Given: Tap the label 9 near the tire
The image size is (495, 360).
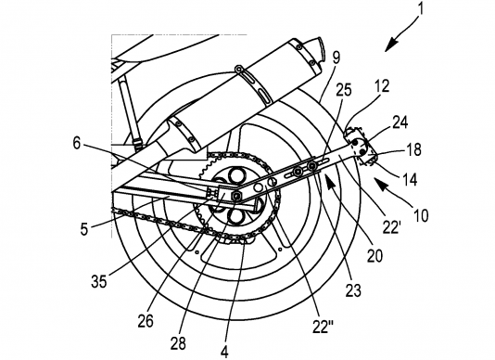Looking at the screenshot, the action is [x=336, y=58].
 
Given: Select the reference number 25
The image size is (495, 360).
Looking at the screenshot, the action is [x=344, y=90].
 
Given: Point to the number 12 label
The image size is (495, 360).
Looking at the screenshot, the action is [x=381, y=86].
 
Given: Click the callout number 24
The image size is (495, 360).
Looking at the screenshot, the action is [x=399, y=122].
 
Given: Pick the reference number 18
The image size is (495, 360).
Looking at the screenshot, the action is [x=412, y=149].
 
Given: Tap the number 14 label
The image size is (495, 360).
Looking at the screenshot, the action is [x=410, y=179].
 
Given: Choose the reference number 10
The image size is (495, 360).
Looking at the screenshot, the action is [x=420, y=215].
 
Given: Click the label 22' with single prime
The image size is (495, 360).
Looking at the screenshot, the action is [x=391, y=227].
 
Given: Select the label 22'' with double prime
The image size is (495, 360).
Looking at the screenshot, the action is [x=321, y=327].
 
